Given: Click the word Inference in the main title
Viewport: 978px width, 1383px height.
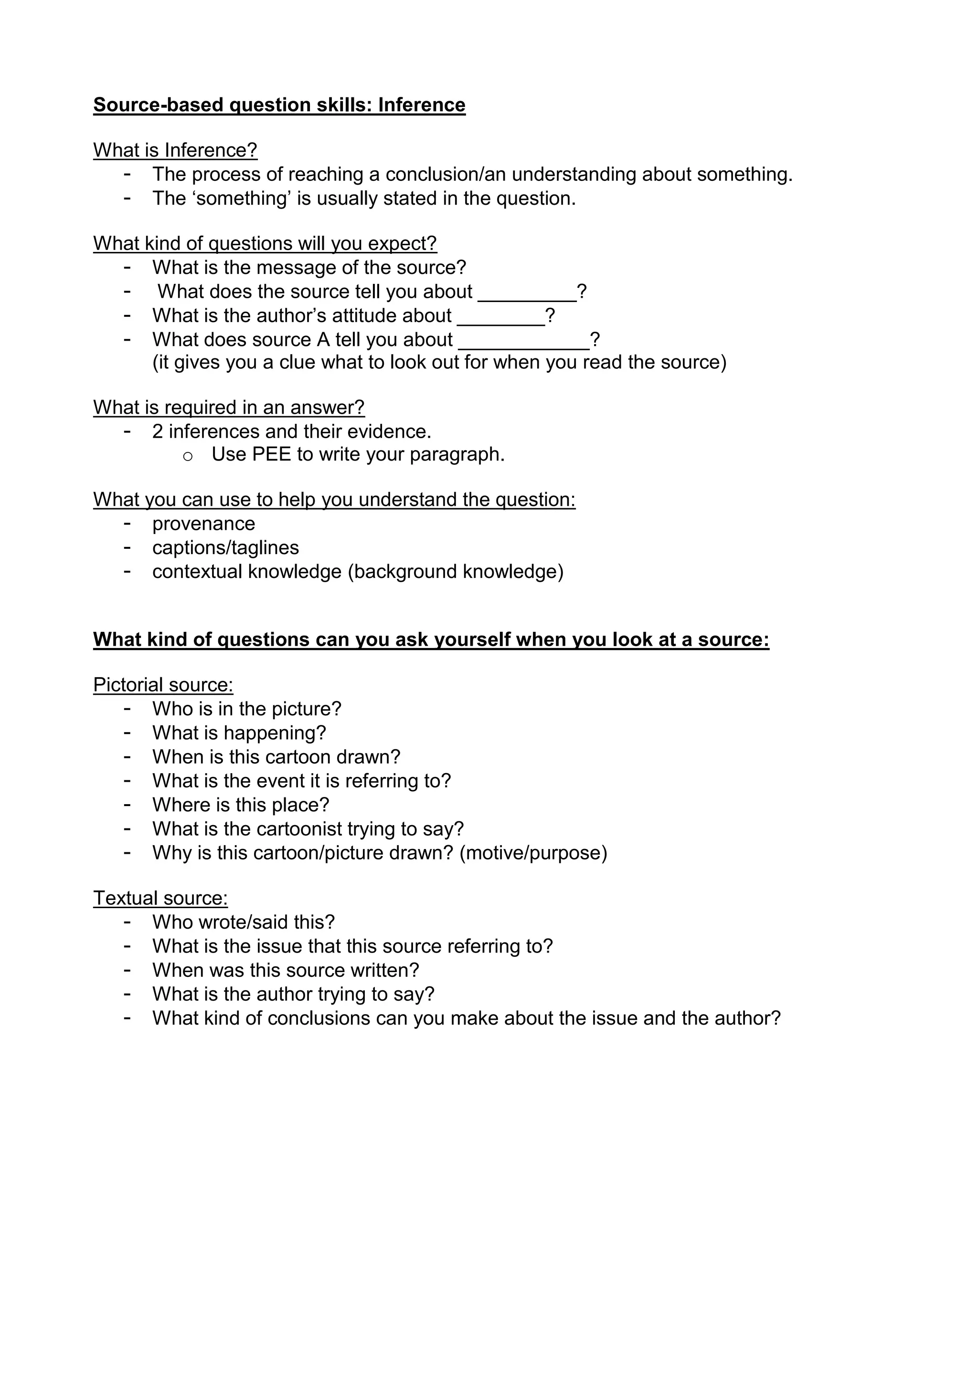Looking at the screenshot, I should tap(421, 105).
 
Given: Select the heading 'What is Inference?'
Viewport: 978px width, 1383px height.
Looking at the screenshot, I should tap(175, 150).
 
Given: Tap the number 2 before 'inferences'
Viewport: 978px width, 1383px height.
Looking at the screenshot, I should tap(157, 431).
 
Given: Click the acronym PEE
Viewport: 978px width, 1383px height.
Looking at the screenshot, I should tap(271, 454).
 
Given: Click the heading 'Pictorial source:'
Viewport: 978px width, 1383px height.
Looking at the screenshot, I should tap(163, 685).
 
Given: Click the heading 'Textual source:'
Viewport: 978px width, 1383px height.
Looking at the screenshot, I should tap(160, 898).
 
